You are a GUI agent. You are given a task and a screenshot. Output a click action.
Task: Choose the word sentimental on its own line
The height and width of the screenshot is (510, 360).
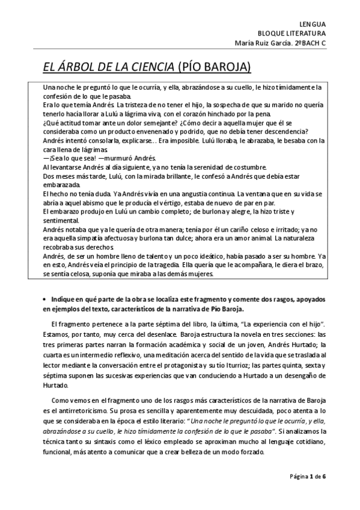61,221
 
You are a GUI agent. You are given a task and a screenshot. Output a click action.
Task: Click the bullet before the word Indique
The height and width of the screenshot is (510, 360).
46,299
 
